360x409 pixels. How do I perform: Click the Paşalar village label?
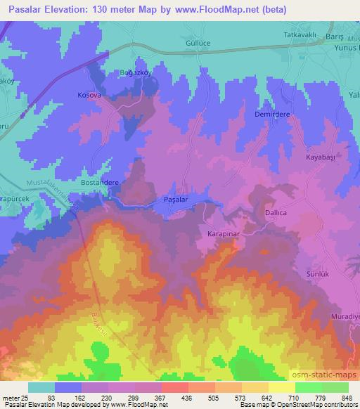175,200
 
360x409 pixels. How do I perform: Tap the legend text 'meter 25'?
13,398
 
